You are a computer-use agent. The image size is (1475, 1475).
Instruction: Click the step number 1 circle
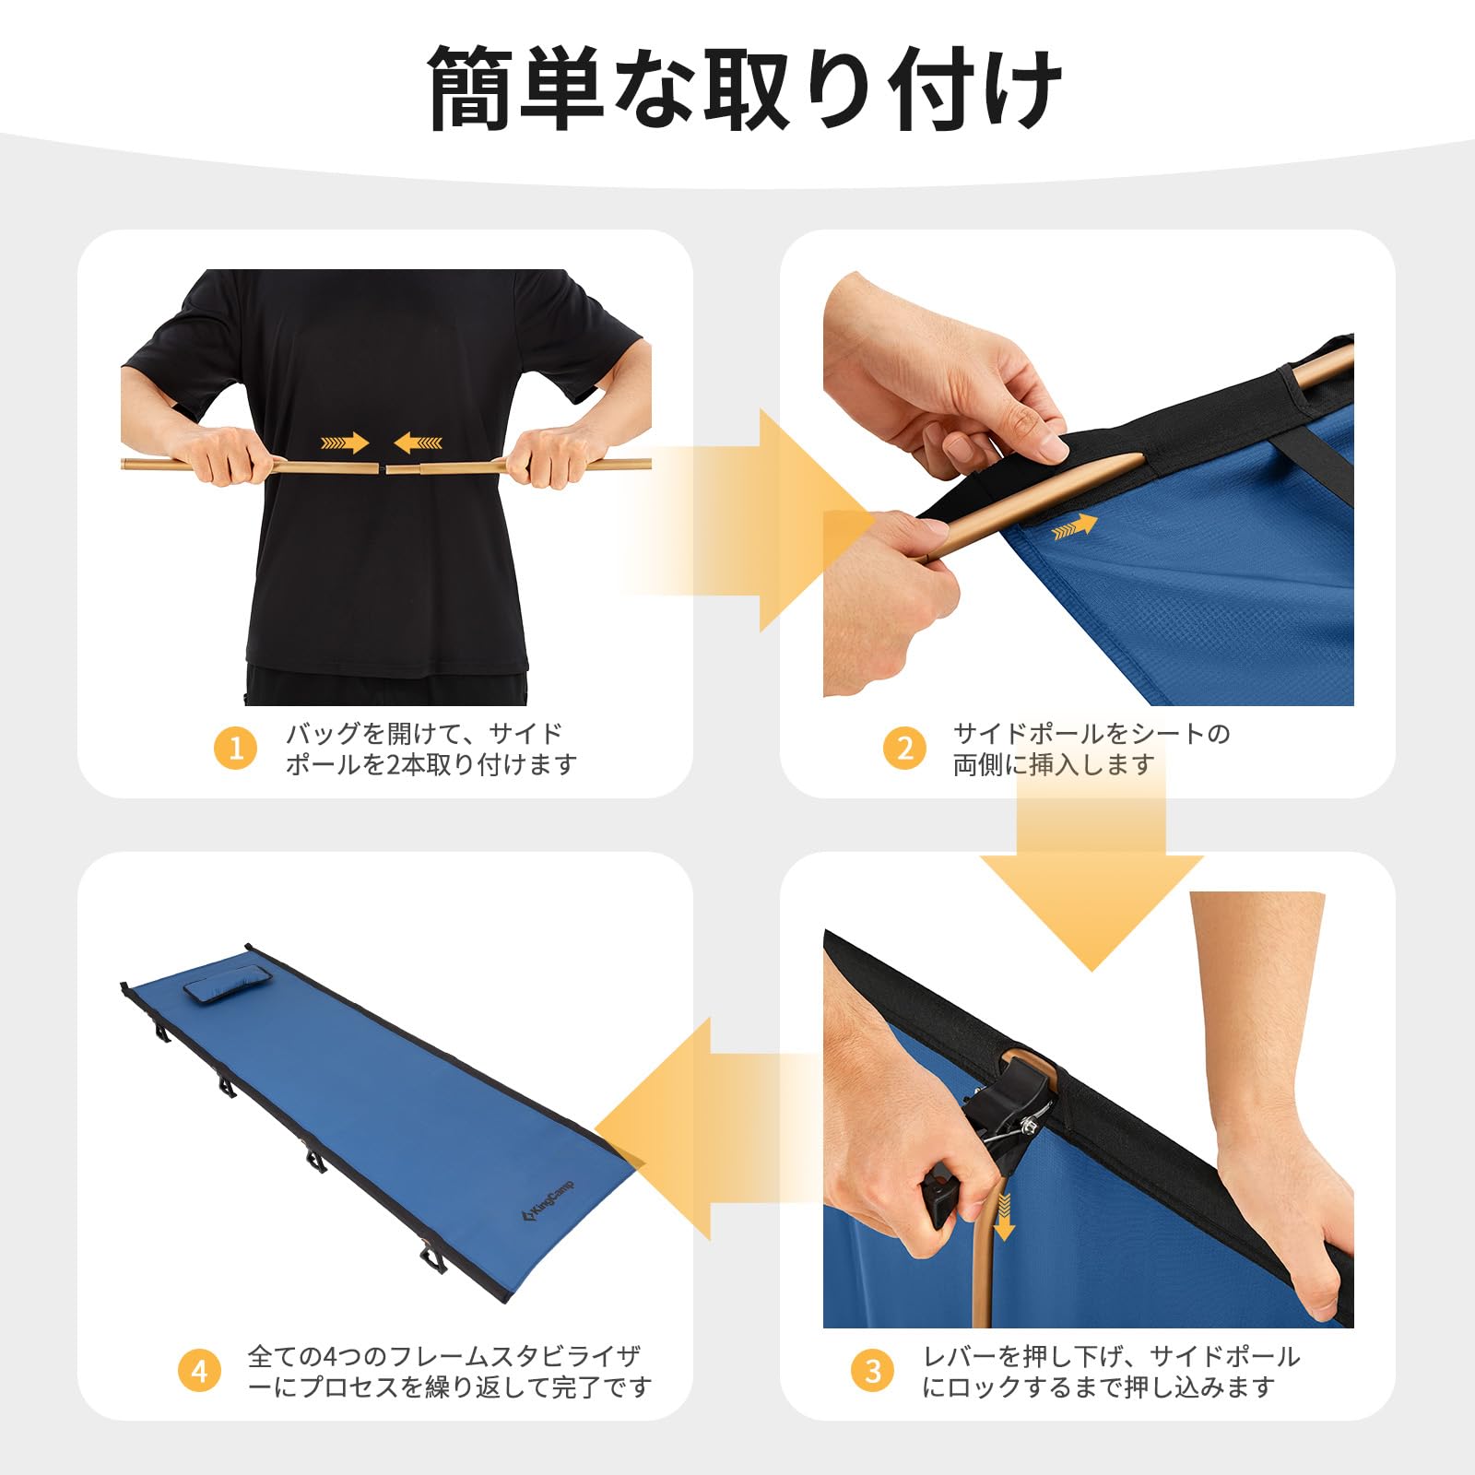click(x=236, y=749)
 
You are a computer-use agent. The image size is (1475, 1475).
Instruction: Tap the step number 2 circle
click(x=904, y=749)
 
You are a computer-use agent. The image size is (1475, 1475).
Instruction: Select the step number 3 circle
click(x=873, y=1371)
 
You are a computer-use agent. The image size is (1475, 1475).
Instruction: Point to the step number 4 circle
click(x=199, y=1371)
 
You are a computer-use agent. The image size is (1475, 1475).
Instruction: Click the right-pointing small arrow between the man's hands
click(x=345, y=443)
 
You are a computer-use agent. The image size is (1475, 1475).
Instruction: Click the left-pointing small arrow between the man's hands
click(x=419, y=443)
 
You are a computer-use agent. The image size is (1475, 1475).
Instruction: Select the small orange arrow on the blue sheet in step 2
click(x=1074, y=527)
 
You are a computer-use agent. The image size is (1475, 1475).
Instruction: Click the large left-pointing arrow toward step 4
click(x=682, y=1129)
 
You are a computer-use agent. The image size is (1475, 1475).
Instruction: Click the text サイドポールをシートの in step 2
click(x=1091, y=734)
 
